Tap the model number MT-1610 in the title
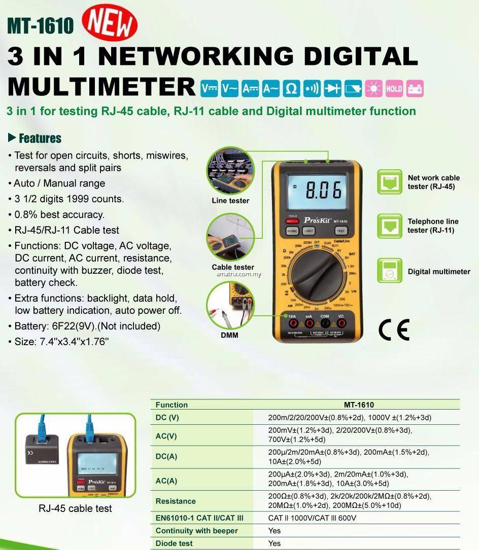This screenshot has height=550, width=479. pos(40,25)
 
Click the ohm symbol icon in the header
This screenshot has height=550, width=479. pos(291,88)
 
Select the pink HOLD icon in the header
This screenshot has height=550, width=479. pos(394,88)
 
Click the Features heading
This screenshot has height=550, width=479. pos(35,138)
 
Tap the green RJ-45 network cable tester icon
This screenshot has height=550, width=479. pos(390,182)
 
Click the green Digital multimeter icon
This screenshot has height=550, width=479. pos(390,271)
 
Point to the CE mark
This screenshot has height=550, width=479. pos(394,330)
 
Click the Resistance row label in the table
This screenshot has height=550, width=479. pos(176,501)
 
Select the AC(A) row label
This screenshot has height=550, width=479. pos(166,480)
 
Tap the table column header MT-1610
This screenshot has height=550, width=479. pos(358,405)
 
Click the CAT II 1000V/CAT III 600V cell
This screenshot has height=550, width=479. pos(312,518)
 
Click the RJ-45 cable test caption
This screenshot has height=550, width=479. pos(75,508)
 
